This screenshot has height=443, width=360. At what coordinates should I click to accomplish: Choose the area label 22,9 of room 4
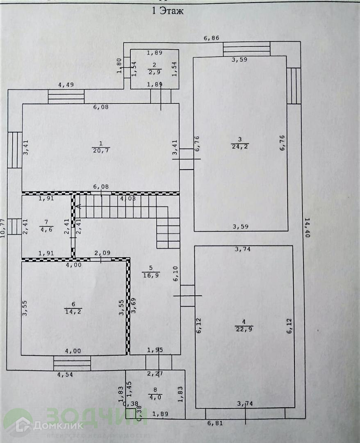click(244, 328)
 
